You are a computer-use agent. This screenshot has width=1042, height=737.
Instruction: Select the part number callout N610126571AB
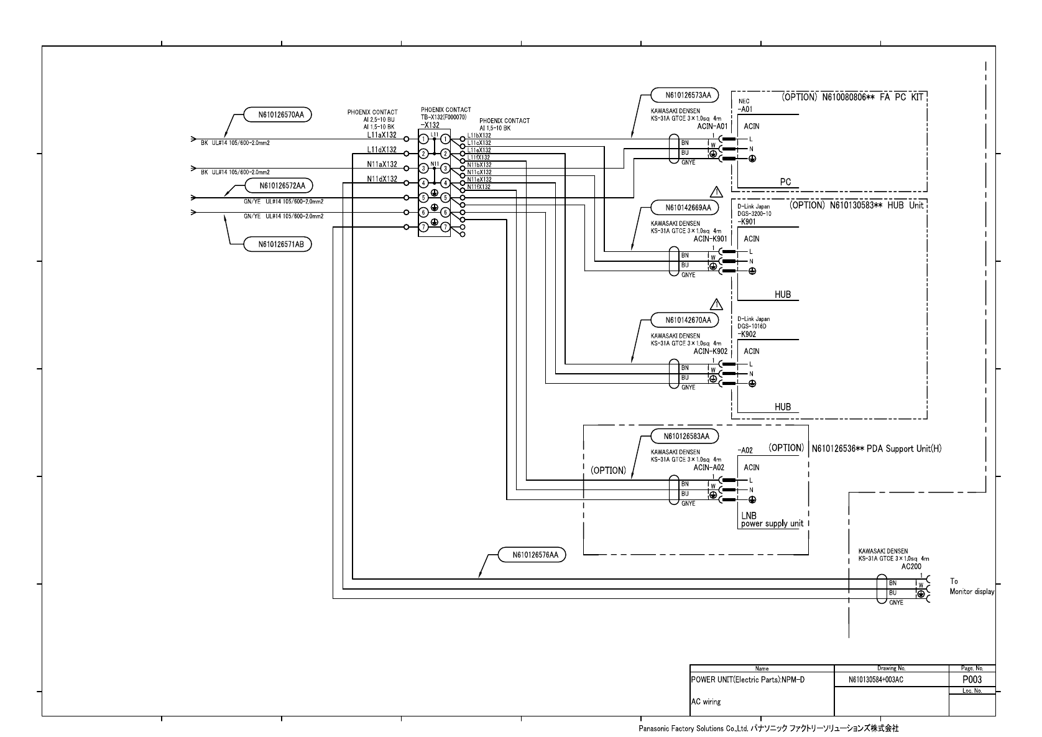tap(277, 244)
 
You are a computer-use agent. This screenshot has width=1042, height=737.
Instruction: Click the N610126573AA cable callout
tap(684, 95)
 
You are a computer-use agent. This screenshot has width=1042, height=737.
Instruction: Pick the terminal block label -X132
tap(430, 124)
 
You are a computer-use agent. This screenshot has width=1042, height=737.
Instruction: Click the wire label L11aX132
tap(382, 135)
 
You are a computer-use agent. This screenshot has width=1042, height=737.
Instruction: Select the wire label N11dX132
tap(382, 179)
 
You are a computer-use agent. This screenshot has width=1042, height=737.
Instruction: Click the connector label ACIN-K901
tap(710, 238)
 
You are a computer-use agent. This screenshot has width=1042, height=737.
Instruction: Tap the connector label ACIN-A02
tap(709, 467)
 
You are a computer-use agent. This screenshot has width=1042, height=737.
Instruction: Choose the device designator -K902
tap(747, 334)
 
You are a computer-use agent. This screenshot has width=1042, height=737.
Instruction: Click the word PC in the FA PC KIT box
tap(785, 182)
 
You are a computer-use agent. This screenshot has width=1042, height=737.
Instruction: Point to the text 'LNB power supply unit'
tap(771, 520)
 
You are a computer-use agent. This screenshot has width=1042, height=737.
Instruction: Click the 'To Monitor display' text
tap(971, 586)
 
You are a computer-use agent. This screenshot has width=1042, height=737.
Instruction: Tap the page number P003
tap(972, 680)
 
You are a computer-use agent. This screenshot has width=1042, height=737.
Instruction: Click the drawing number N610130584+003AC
tap(875, 680)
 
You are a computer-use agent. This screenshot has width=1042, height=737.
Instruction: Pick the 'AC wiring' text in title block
tap(706, 702)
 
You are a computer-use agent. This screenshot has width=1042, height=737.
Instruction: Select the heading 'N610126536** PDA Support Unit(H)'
tap(876, 448)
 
